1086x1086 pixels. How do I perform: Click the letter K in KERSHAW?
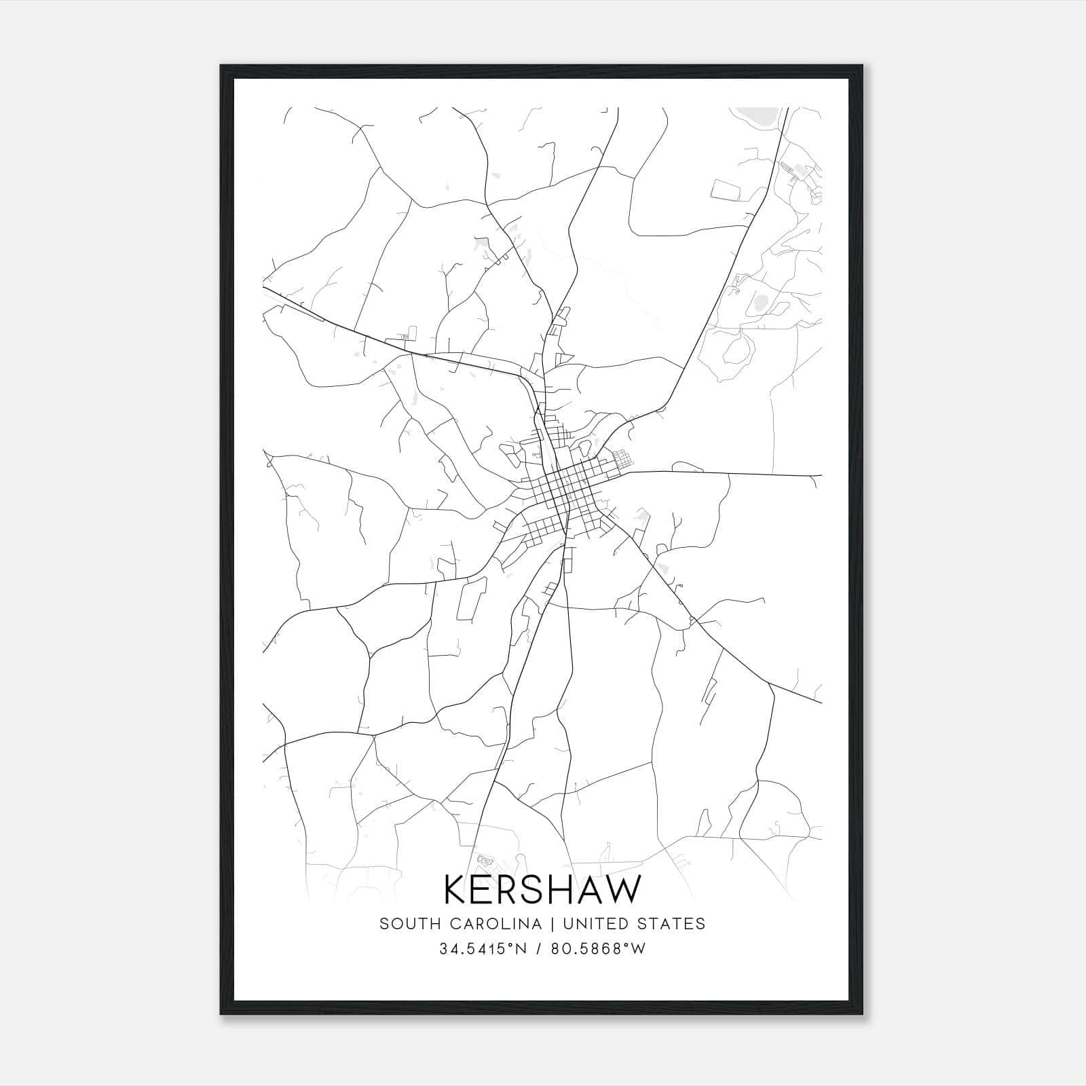tap(457, 890)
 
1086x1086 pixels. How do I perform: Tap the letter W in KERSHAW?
tap(620, 890)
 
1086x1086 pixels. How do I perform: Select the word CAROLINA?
tap(493, 924)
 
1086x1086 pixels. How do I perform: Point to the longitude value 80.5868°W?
tap(598, 949)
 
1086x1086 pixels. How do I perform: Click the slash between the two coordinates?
tap(538, 949)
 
